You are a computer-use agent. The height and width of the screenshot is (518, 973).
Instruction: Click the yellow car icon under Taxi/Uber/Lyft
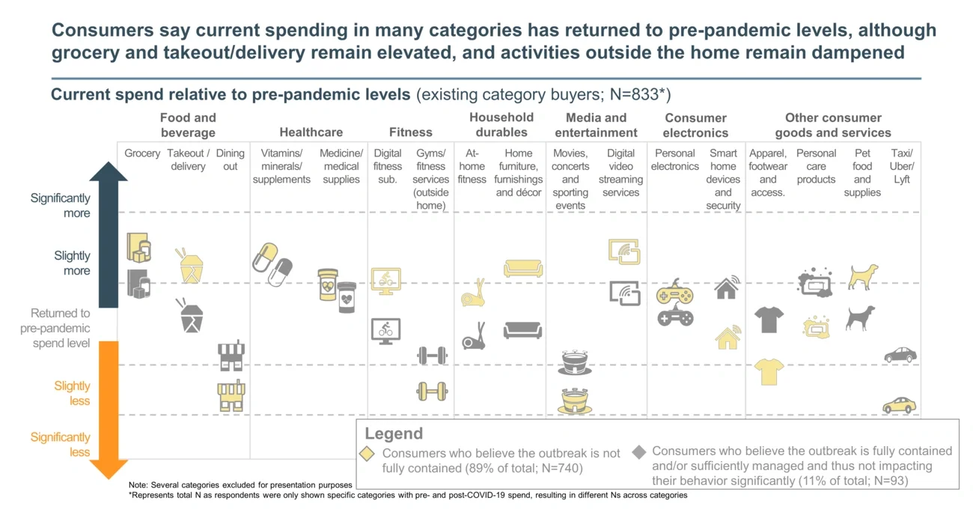(x=899, y=405)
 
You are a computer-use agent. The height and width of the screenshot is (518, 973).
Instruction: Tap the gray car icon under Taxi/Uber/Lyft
(x=900, y=354)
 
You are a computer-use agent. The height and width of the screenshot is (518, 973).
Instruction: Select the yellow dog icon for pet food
(x=862, y=277)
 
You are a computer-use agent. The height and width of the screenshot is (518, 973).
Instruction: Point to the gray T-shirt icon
(x=769, y=320)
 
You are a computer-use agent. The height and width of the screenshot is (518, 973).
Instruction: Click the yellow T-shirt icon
(x=769, y=371)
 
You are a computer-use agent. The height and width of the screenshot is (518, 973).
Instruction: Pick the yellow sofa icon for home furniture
(x=523, y=268)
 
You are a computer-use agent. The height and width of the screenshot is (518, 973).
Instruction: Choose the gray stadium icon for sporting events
(x=575, y=362)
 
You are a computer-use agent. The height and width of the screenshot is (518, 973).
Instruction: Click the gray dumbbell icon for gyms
(x=432, y=355)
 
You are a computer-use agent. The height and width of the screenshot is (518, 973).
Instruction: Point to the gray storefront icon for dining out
(x=231, y=356)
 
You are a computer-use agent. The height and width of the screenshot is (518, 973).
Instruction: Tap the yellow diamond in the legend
(x=367, y=454)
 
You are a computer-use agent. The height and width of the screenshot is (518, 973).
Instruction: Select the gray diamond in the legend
(x=638, y=451)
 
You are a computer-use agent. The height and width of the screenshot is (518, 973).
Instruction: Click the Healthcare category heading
(x=311, y=132)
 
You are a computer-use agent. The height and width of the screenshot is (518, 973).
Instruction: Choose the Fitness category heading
(x=410, y=132)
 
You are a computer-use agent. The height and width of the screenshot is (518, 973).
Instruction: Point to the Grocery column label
(x=142, y=153)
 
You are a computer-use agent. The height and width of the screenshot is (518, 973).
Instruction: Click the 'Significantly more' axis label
(x=60, y=205)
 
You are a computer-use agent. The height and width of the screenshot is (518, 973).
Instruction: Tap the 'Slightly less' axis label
(x=72, y=393)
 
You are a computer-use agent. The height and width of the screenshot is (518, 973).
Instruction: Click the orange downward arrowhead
(x=109, y=468)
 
